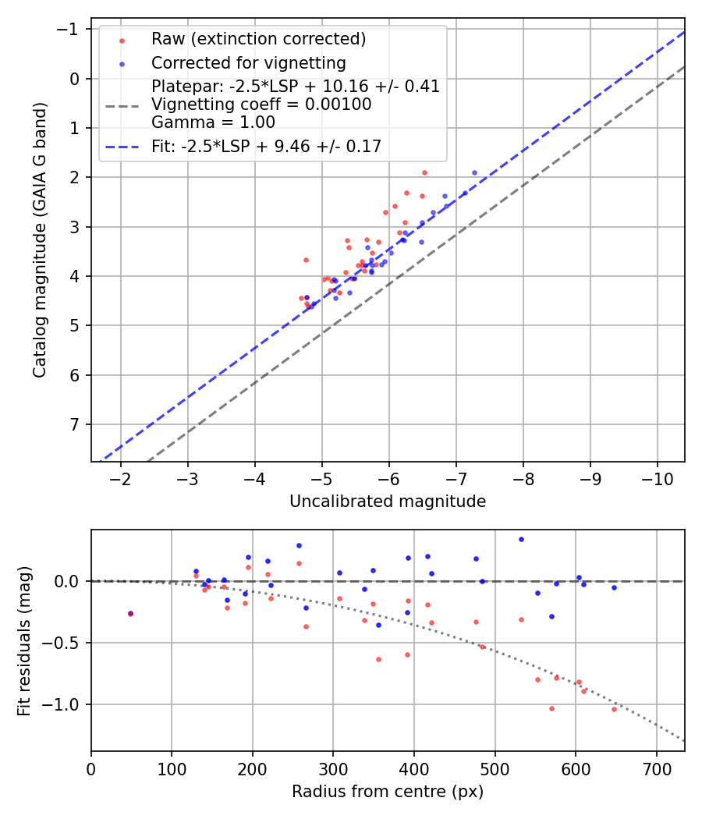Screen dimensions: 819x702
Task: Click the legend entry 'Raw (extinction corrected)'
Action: (258, 39)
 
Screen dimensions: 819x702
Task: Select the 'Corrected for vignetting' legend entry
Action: (248, 62)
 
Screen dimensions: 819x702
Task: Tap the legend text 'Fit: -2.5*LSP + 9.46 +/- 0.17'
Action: (266, 146)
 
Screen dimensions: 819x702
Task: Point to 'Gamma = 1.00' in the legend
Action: (213, 122)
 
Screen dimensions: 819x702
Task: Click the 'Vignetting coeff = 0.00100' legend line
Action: (261, 104)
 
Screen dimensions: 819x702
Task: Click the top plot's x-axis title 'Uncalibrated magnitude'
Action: (388, 502)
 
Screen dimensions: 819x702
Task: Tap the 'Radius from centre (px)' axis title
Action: (388, 792)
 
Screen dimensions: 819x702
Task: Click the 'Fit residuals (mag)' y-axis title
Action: (24, 640)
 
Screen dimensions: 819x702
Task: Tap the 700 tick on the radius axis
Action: (656, 768)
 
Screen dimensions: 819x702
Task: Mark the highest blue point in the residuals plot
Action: (521, 539)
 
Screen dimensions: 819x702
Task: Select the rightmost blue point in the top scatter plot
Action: (474, 172)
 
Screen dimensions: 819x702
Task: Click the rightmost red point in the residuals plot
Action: (614, 709)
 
